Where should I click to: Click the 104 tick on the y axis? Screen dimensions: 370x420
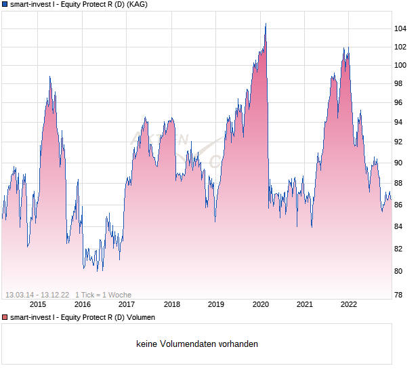[x=400, y=28]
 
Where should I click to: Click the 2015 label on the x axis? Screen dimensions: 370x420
[x=38, y=305]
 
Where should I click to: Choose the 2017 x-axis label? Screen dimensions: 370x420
[x=127, y=305]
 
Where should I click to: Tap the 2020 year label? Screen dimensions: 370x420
[x=260, y=305]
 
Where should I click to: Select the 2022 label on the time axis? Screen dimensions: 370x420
[x=349, y=305]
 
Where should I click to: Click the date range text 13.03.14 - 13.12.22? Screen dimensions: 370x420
[x=37, y=295]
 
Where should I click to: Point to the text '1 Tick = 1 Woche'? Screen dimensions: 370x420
[x=103, y=295]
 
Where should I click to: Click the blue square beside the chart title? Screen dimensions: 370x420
[x=5, y=4]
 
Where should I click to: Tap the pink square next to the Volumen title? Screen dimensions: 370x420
[x=5, y=317]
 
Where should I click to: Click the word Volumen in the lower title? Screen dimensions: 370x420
[x=140, y=317]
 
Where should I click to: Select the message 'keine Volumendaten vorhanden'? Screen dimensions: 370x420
[x=197, y=344]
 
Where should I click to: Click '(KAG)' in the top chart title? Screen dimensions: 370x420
[x=136, y=4]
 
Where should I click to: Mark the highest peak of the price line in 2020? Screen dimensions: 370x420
[x=266, y=24]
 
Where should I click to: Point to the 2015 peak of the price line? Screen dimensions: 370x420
[x=50, y=77]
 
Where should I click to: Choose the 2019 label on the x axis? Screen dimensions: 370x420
[x=215, y=305]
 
